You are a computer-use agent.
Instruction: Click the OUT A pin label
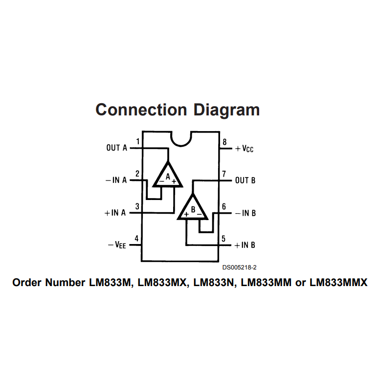click(116, 148)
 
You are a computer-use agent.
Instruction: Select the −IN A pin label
click(116, 180)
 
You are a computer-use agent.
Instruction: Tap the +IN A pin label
click(115, 213)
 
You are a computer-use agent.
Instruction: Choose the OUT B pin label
click(245, 180)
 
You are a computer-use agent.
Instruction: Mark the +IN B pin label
click(245, 245)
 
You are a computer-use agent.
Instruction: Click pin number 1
click(137, 142)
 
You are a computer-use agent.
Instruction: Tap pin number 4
click(137, 239)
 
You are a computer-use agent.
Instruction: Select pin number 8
click(224, 142)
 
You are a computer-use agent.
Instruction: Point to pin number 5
click(223, 239)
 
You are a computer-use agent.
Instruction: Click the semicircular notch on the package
click(180, 138)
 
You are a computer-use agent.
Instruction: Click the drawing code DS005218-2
click(239, 268)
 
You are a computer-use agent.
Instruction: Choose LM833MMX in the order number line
click(338, 283)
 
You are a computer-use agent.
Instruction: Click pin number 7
click(223, 174)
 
